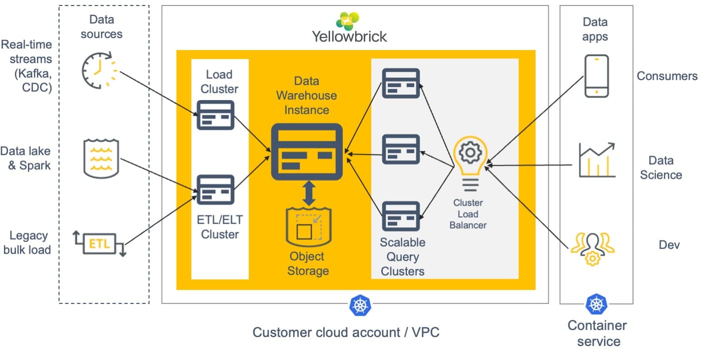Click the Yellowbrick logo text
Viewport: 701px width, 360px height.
[x=349, y=37]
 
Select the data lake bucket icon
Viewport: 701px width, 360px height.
[x=101, y=158]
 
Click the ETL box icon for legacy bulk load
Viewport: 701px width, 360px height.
[x=100, y=243]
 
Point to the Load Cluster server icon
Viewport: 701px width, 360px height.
[x=215, y=115]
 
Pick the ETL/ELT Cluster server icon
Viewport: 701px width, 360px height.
[x=215, y=190]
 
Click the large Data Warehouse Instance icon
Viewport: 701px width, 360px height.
[x=307, y=152]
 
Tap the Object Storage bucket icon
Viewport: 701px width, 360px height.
[x=309, y=227]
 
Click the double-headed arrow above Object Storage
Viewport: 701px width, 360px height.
[x=309, y=193]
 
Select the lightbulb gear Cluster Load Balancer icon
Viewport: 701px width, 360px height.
[x=470, y=163]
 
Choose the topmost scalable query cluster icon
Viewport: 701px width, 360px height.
[x=401, y=83]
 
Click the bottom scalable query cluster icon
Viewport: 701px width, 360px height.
[x=401, y=216]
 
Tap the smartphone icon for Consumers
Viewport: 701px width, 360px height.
[x=596, y=76]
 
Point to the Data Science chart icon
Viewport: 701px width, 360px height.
[x=597, y=160]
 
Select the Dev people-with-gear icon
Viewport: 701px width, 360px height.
[x=593, y=249]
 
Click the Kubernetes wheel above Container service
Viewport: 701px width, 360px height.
[x=596, y=304]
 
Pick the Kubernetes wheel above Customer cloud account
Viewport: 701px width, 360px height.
[x=360, y=305]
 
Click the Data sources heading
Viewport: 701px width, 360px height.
[x=102, y=27]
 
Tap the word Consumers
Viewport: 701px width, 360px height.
[x=667, y=76]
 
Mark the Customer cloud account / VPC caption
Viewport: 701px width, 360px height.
[x=346, y=332]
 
